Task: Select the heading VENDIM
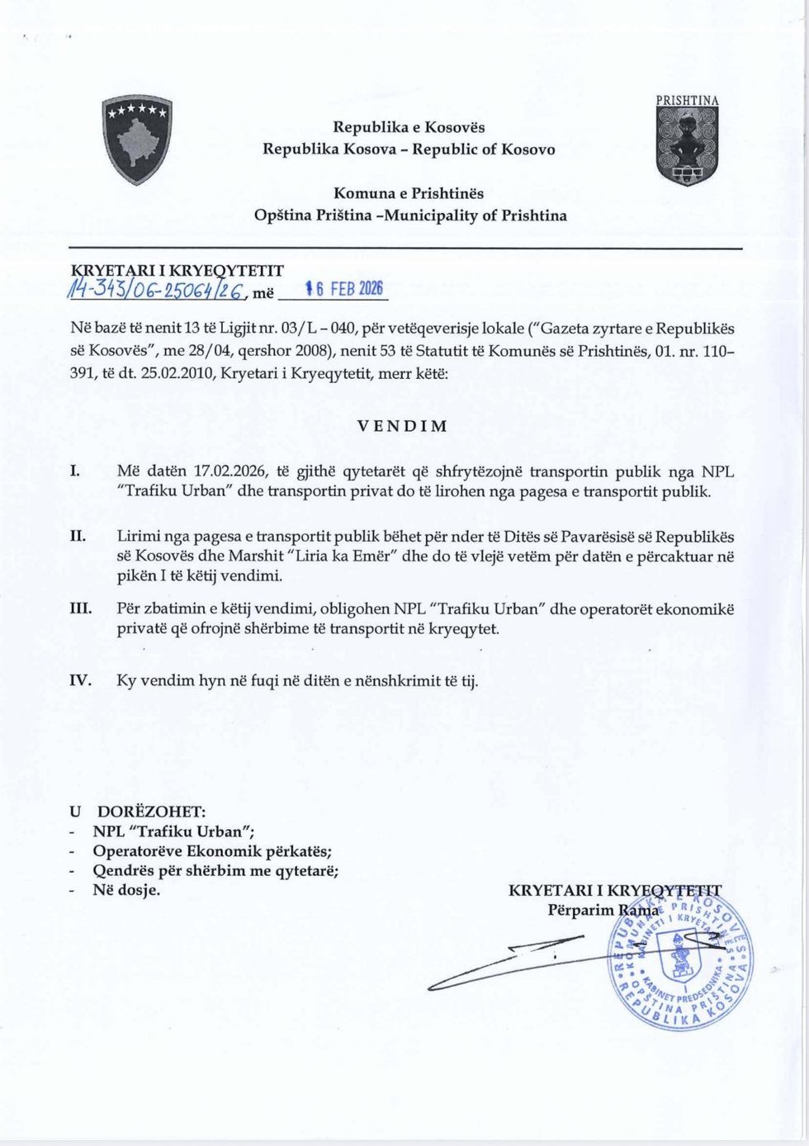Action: pos(403,426)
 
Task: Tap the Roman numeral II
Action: pos(77,537)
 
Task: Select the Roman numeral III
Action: pos(79,609)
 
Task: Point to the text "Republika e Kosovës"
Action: pos(409,127)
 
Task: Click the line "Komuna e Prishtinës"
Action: pos(409,193)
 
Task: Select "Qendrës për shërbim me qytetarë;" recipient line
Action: pos(215,870)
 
